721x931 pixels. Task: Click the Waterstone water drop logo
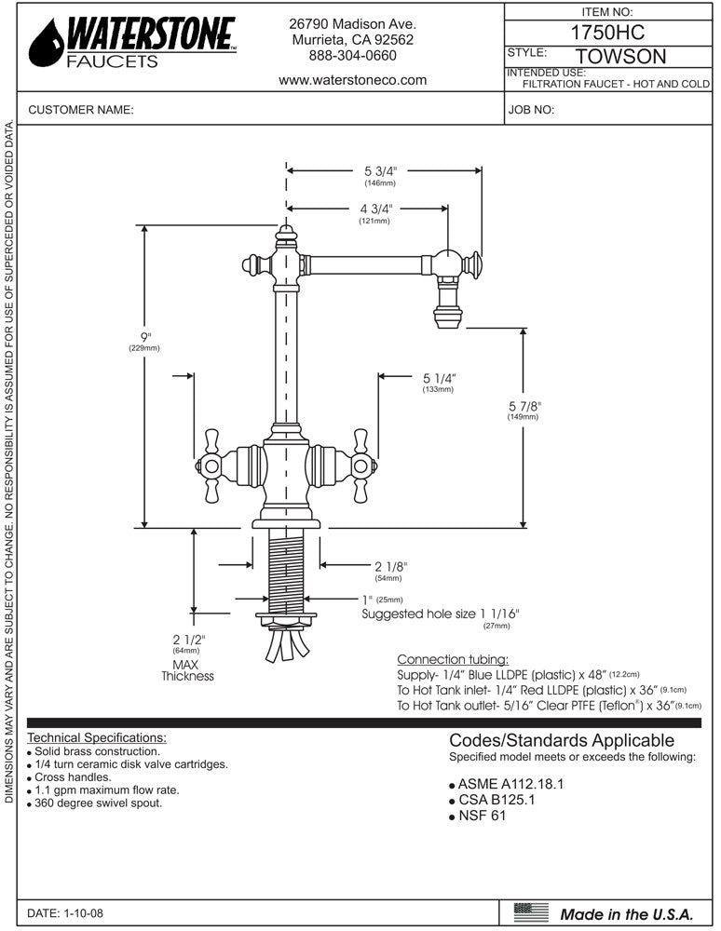point(46,44)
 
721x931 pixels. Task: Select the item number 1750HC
point(607,31)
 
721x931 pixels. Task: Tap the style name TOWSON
point(621,57)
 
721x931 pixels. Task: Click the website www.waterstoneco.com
point(352,80)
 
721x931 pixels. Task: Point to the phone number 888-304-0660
point(352,56)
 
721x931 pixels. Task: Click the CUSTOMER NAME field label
point(81,110)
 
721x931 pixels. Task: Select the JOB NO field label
point(532,110)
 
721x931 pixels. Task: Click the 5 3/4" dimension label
point(381,171)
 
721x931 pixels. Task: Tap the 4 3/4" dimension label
point(374,209)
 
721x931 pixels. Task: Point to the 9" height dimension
point(144,337)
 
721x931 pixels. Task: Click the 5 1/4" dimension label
point(438,378)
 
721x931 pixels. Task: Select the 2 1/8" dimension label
point(390,566)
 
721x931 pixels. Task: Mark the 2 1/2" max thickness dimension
point(187,639)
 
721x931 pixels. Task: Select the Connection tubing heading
point(453,659)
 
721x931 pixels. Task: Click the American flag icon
point(531,912)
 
